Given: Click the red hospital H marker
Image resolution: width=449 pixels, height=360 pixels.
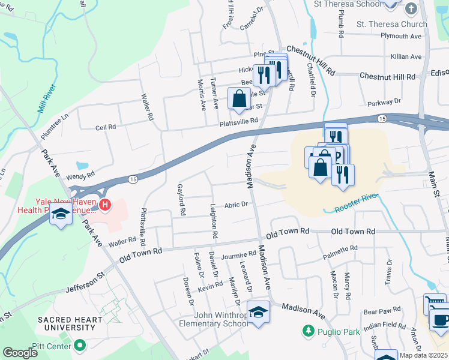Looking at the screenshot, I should (106, 205).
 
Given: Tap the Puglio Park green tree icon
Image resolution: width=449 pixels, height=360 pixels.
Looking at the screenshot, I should (308, 331).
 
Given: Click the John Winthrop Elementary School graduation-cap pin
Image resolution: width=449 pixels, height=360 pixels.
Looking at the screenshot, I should (259, 313).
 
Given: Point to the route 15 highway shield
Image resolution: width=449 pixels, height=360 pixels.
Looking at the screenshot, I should (133, 179).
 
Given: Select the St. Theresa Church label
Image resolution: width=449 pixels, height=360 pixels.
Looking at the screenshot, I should (391, 24).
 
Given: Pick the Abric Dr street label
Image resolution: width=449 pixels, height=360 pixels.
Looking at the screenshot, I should (236, 205).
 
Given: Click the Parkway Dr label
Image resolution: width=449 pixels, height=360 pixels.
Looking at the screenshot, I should (384, 103).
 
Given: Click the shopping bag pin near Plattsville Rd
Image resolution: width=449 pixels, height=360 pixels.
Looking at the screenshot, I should (239, 97).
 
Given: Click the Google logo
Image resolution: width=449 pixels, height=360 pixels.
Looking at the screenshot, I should (20, 353).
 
